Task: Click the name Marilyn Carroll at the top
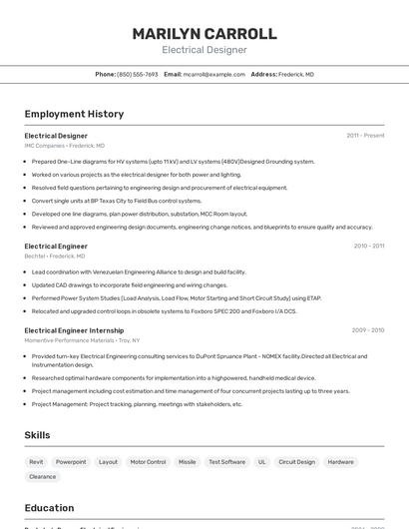pyautogui.click(x=204, y=34)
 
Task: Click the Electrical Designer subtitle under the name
pyautogui.click(x=204, y=50)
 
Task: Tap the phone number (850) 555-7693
pyautogui.click(x=138, y=74)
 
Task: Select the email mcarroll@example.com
pyautogui.click(x=215, y=74)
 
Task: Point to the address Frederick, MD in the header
pyautogui.click(x=296, y=74)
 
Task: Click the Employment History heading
pyautogui.click(x=74, y=114)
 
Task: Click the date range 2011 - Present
pyautogui.click(x=365, y=136)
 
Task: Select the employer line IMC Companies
pyautogui.click(x=64, y=146)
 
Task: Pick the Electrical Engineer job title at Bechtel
pyautogui.click(x=56, y=246)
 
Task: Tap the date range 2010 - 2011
pyautogui.click(x=368, y=246)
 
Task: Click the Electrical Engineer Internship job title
pyautogui.click(x=74, y=330)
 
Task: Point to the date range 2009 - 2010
pyautogui.click(x=368, y=330)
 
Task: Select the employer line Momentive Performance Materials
pyautogui.click(x=82, y=340)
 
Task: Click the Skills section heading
pyautogui.click(x=37, y=435)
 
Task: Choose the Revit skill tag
pyautogui.click(x=36, y=462)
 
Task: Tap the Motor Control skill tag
pyautogui.click(x=148, y=462)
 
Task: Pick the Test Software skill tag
pyautogui.click(x=226, y=462)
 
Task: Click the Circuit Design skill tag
pyautogui.click(x=296, y=462)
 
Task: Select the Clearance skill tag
pyautogui.click(x=43, y=477)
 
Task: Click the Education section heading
pyautogui.click(x=49, y=508)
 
